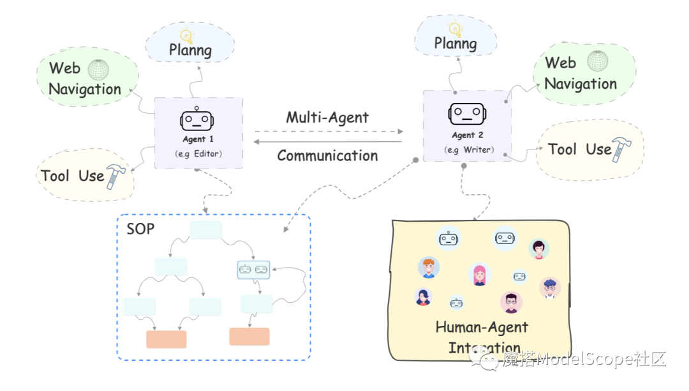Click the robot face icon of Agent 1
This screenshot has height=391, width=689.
click(198, 120)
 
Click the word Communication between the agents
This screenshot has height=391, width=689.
click(327, 155)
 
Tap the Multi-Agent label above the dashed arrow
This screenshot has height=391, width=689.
click(327, 118)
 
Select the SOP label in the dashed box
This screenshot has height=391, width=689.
click(140, 229)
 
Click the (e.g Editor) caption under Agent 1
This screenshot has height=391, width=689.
click(198, 154)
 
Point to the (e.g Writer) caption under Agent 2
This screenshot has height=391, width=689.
click(468, 150)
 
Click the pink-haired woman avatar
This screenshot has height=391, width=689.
click(480, 274)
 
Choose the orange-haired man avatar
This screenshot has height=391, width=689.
click(428, 268)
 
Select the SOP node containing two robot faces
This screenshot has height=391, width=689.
click(253, 270)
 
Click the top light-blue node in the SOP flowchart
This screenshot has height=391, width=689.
click(206, 230)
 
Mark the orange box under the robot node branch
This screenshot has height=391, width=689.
click(249, 337)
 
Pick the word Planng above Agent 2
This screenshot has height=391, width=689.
click(456, 43)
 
